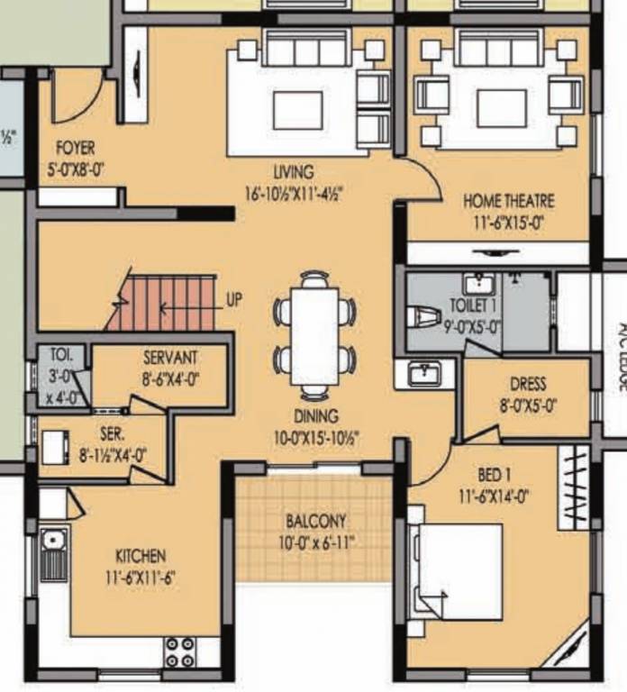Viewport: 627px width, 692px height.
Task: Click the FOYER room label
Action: click(x=75, y=147)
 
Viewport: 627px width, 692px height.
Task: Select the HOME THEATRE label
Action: click(x=508, y=200)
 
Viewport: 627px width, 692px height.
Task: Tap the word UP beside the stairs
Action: click(x=233, y=301)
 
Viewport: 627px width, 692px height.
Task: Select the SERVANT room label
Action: click(x=170, y=358)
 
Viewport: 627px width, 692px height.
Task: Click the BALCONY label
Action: click(x=315, y=521)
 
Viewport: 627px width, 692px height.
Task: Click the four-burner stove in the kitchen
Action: click(x=180, y=651)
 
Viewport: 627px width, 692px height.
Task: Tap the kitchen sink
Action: click(x=53, y=554)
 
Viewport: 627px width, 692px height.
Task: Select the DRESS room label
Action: click(x=527, y=384)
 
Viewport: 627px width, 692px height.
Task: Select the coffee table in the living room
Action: click(x=298, y=109)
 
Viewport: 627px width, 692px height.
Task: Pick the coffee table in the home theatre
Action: click(x=501, y=107)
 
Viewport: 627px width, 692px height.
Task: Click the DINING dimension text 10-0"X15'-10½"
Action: click(x=314, y=436)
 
